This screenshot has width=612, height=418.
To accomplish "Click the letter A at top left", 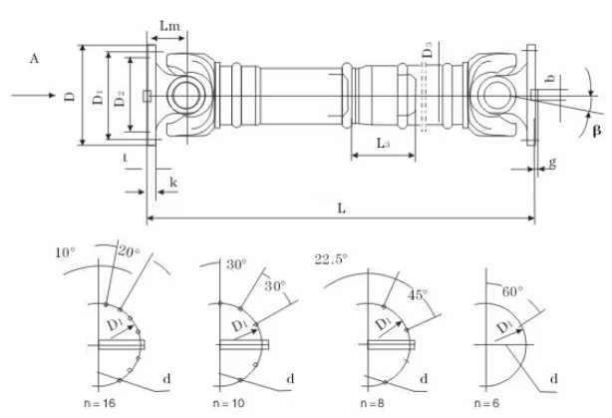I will click(x=35, y=60).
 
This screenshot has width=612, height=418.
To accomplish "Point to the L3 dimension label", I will click(x=384, y=144).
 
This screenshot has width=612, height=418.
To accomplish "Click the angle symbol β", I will click(x=596, y=131).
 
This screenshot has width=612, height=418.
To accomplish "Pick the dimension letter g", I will click(x=552, y=163).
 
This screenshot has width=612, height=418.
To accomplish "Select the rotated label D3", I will click(x=426, y=47).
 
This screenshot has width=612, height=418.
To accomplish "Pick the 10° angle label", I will click(x=65, y=253).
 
